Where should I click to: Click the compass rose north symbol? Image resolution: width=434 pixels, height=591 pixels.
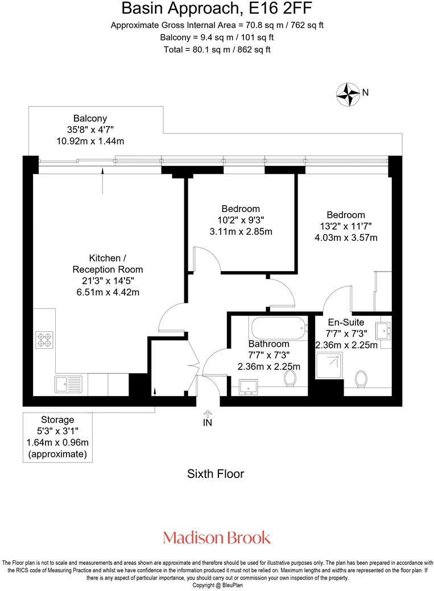[x=348, y=94]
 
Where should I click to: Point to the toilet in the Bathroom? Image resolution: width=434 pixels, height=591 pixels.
[x=292, y=378]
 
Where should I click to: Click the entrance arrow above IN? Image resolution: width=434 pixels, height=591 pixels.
[x=208, y=415]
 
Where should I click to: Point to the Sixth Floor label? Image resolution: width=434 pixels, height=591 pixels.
[x=216, y=473]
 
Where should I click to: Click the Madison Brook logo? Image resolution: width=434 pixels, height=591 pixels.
[x=217, y=537]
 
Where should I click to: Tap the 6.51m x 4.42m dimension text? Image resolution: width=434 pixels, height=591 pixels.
[x=108, y=292]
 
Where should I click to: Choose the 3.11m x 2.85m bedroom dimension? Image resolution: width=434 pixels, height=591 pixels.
[x=241, y=231]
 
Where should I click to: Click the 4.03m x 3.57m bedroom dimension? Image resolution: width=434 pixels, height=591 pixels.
[x=346, y=238]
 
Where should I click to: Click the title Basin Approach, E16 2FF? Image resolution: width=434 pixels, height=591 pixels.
[x=217, y=9]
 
